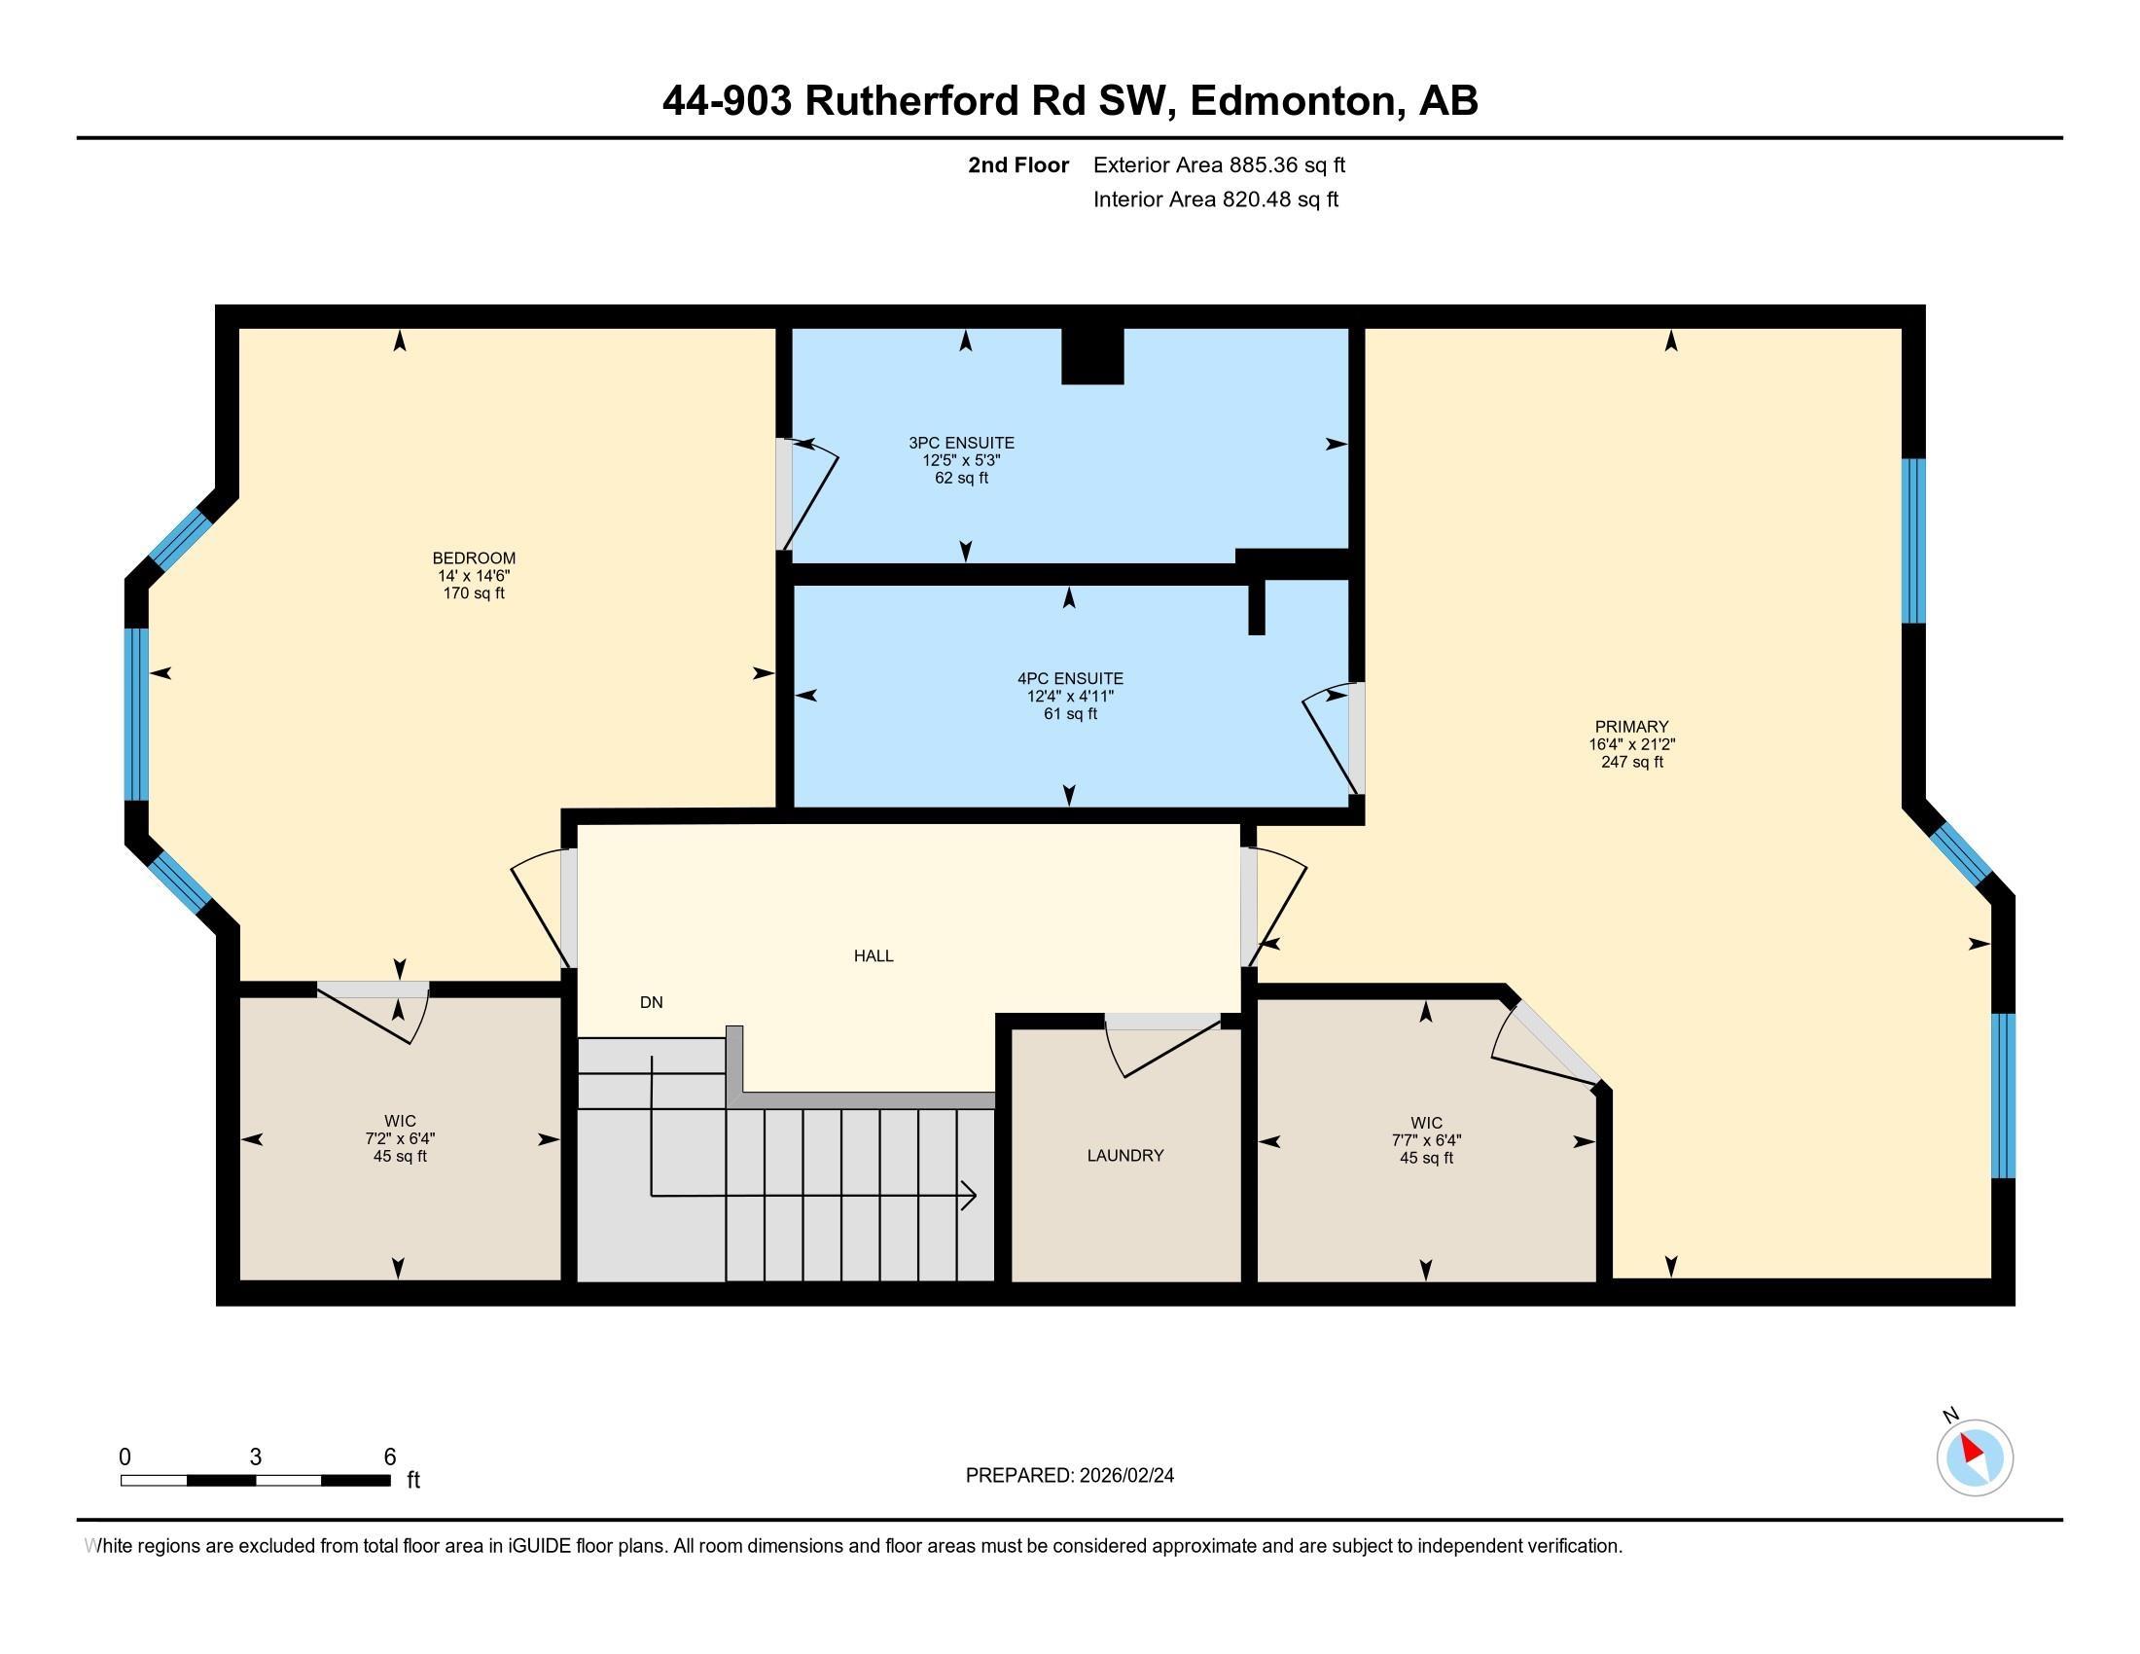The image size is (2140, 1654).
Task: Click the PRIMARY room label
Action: tap(1630, 726)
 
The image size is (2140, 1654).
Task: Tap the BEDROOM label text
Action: tap(474, 558)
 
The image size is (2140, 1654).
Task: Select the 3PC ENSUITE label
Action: tap(960, 443)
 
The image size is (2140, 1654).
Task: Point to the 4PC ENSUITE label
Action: tap(1070, 678)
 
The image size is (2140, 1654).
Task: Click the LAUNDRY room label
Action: tap(1124, 1155)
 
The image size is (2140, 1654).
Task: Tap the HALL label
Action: tap(874, 955)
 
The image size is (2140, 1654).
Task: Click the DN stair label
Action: tap(652, 1001)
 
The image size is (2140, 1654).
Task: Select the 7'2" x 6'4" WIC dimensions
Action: tap(400, 1138)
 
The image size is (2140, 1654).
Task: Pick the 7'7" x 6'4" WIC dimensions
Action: tap(1426, 1140)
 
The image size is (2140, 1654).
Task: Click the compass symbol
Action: tap(1975, 1457)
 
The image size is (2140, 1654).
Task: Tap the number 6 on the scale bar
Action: tap(390, 1456)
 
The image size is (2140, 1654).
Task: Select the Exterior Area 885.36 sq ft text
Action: tap(1218, 164)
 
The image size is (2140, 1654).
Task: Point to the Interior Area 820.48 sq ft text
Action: tap(1215, 198)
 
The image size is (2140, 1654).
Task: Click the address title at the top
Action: tap(1069, 100)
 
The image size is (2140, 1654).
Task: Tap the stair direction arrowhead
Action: tap(970, 1196)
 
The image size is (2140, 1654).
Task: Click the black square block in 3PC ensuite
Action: tap(1092, 356)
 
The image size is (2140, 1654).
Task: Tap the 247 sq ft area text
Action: tap(1631, 762)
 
